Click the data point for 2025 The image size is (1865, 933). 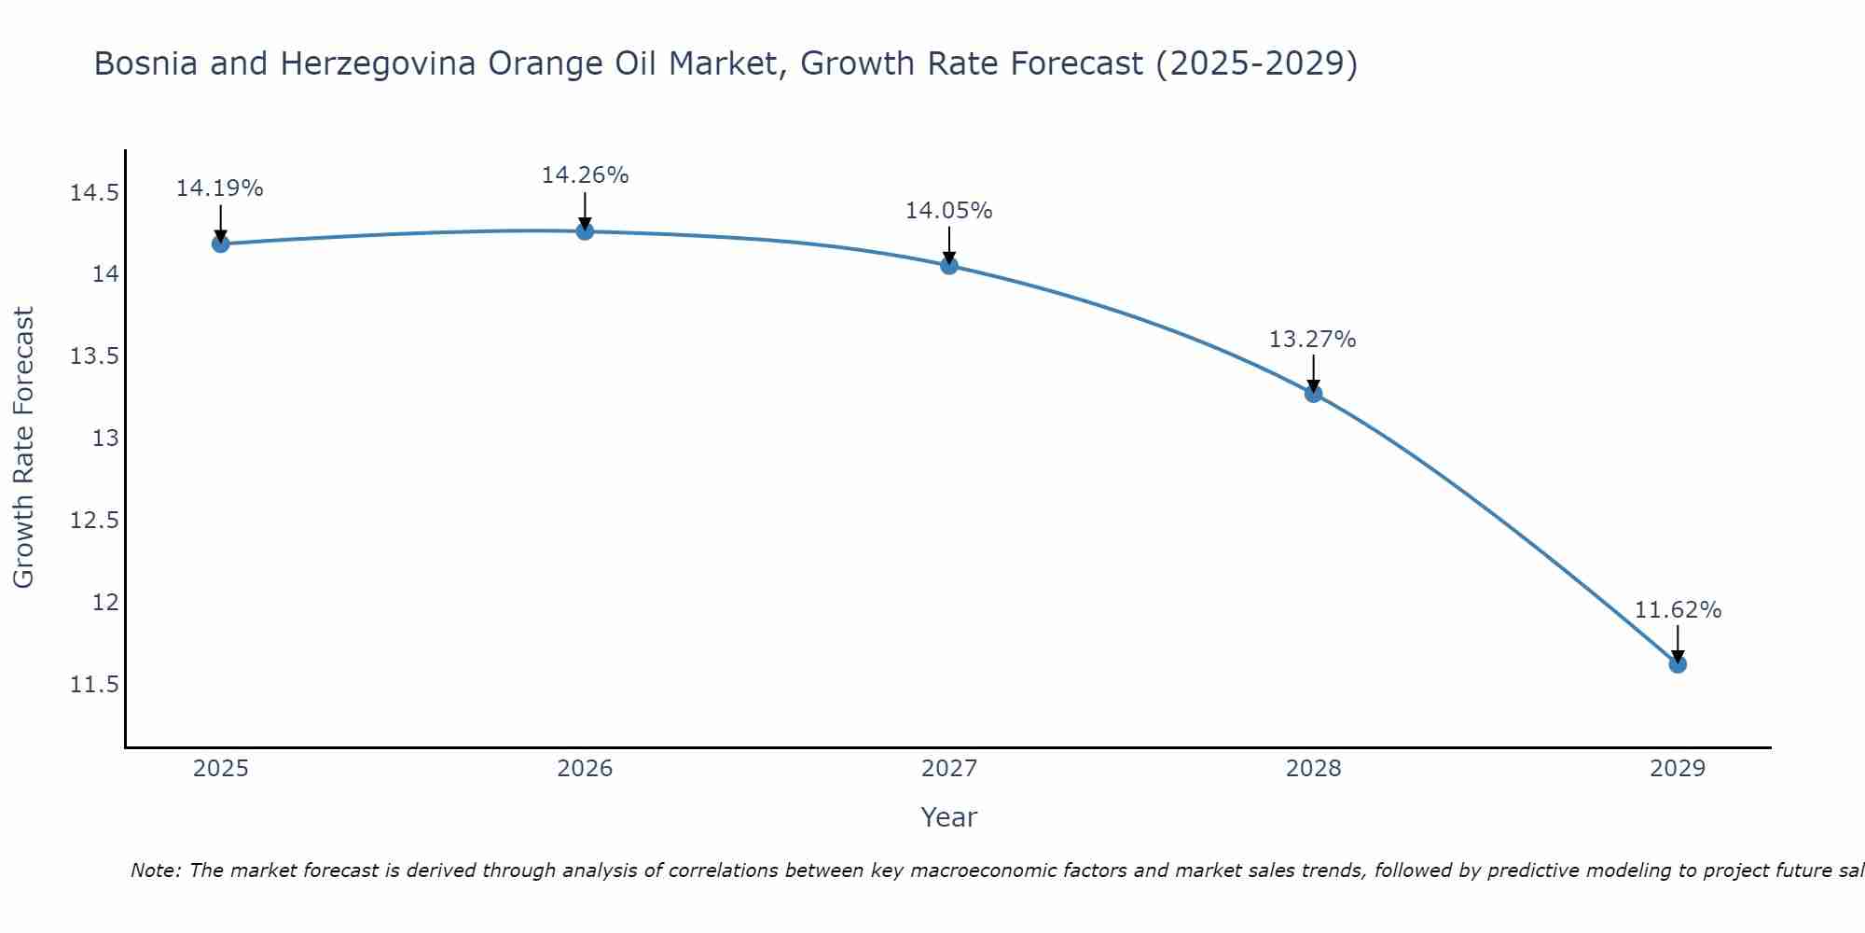coord(220,244)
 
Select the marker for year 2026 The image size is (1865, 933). coord(585,230)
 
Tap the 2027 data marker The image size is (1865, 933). coord(949,265)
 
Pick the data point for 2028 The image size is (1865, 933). coord(1313,393)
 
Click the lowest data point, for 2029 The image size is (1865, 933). coord(1678,663)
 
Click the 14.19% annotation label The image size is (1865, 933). coord(220,188)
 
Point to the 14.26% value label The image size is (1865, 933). coord(585,175)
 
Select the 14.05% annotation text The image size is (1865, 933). coord(949,211)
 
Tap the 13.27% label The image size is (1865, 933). coord(1313,340)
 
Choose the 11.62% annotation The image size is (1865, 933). coord(1678,610)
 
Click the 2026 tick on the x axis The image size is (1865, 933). coord(585,769)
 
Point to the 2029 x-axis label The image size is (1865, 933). coord(1678,769)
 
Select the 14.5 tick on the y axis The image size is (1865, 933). coord(94,193)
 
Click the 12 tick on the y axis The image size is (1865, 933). coord(105,603)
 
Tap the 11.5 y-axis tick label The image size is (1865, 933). coord(94,685)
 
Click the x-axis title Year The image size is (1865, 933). coord(948,817)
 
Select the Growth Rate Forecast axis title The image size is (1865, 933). coord(23,447)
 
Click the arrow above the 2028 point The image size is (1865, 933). coord(1313,371)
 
